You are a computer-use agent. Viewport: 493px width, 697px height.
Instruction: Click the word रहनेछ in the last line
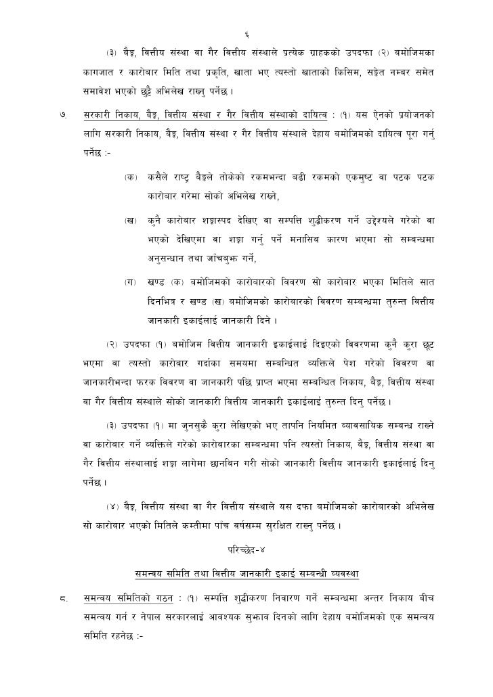coord(119,637)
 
